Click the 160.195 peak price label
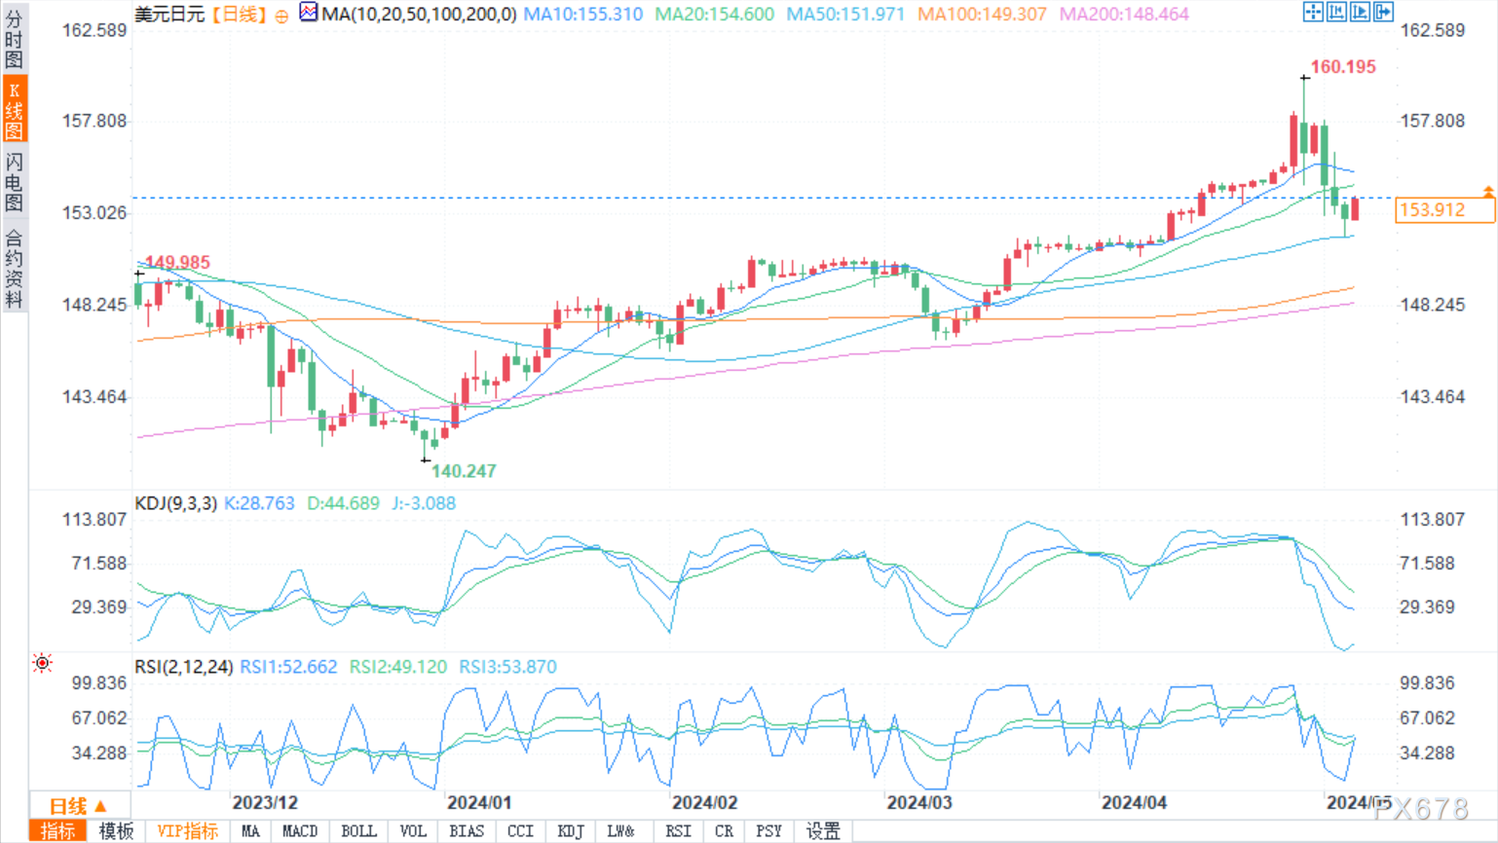(1343, 67)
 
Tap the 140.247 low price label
(464, 471)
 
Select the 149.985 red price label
(177, 262)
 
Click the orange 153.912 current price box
(1444, 210)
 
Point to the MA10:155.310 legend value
(582, 14)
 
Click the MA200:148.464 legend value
(1124, 14)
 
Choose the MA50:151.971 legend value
(845, 14)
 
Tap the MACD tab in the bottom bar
(300, 831)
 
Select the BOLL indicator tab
(358, 831)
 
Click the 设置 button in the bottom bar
(823, 831)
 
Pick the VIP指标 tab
(187, 831)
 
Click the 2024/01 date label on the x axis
(479, 802)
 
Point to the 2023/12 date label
(265, 802)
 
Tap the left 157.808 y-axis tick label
(94, 121)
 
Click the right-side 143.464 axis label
(1433, 397)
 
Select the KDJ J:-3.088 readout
(424, 503)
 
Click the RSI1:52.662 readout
(288, 667)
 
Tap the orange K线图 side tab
(14, 108)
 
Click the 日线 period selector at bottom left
(78, 806)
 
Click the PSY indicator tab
(768, 831)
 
